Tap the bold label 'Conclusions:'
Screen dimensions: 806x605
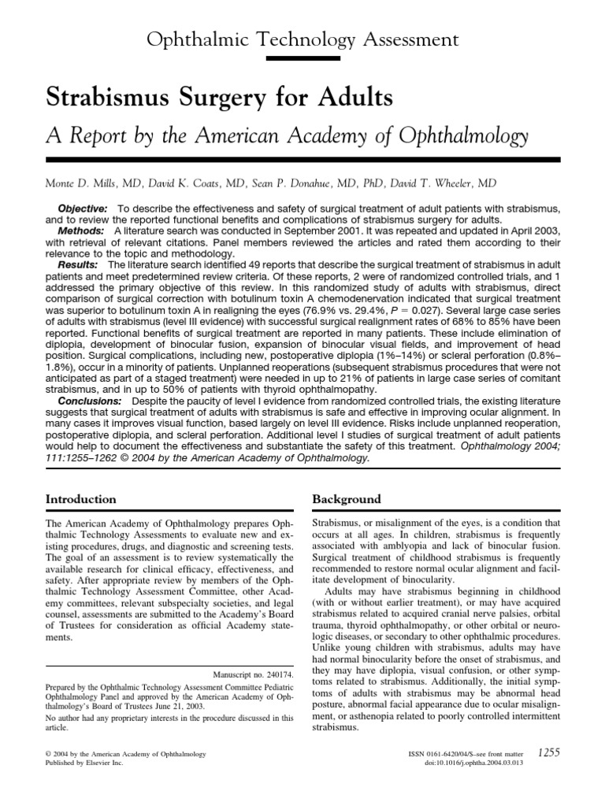[x=93, y=422]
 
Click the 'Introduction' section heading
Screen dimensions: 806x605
[x=81, y=499]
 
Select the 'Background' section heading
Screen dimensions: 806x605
[x=347, y=499]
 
